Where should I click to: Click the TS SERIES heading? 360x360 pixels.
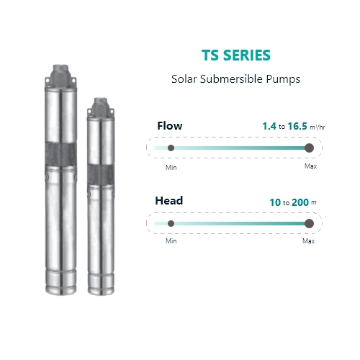click(236, 55)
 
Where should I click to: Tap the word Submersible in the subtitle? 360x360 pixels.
click(231, 79)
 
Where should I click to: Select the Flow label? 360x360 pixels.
click(170, 126)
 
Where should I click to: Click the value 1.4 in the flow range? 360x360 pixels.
click(269, 126)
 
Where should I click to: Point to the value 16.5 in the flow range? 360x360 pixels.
click(297, 126)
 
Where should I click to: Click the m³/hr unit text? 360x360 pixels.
click(318, 127)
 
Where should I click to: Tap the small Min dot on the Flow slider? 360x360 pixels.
click(171, 148)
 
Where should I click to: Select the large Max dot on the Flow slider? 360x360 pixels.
click(309, 148)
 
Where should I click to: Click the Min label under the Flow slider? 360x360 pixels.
click(171, 168)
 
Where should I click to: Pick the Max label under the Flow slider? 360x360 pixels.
click(310, 166)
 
